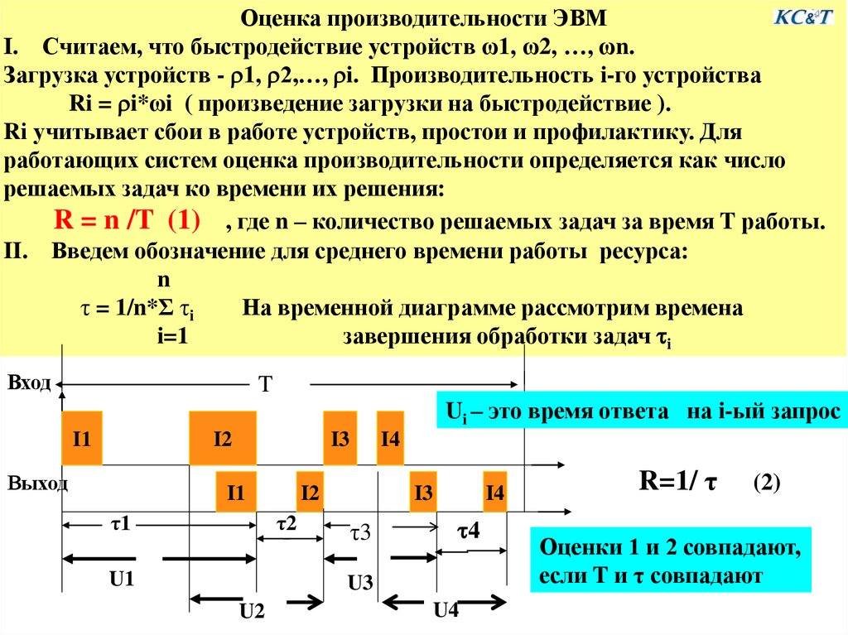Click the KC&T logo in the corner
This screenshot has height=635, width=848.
tap(803, 17)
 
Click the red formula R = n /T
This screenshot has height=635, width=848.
tap(104, 220)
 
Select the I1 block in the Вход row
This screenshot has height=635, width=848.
tap(82, 438)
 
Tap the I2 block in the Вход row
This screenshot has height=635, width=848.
tap(223, 438)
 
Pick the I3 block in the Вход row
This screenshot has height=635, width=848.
tap(340, 438)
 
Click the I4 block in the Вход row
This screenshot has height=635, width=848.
tap(391, 438)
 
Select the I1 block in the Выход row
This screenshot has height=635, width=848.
tap(236, 492)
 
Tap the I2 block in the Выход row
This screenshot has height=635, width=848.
tap(310, 492)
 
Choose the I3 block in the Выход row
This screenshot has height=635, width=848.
tap(423, 492)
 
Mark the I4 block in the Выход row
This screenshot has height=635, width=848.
tap(495, 492)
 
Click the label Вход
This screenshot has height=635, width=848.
tap(29, 382)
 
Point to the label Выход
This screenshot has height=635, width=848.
tap(37, 483)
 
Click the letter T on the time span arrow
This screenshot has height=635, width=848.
tap(266, 384)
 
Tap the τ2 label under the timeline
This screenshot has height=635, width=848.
tap(287, 523)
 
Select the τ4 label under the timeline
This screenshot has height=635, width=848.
tap(469, 532)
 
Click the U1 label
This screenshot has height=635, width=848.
tap(122, 580)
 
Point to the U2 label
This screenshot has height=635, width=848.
tap(252, 611)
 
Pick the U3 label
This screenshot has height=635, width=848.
tap(360, 583)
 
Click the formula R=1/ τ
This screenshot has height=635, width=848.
tap(678, 480)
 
